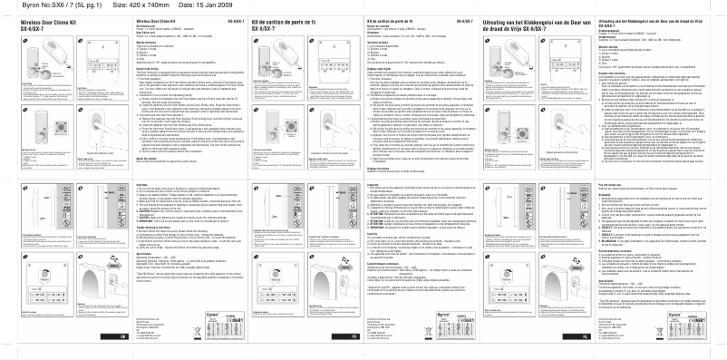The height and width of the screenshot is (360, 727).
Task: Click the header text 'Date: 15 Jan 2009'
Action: coord(191,5)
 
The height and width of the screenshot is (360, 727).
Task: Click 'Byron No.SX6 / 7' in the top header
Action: coord(37,5)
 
